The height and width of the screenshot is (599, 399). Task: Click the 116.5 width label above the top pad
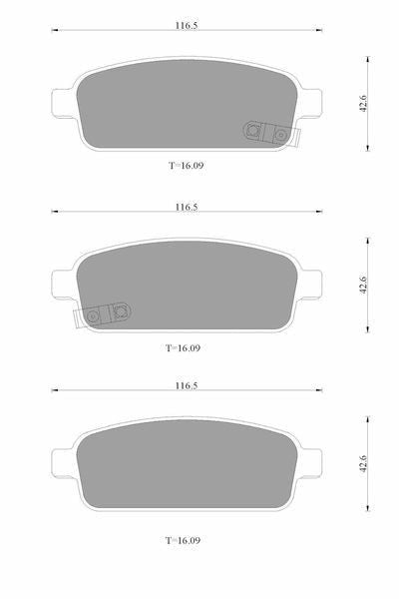pyautogui.click(x=187, y=26)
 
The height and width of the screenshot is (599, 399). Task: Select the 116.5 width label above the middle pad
pyautogui.click(x=187, y=207)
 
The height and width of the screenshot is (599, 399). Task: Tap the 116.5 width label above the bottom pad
pyautogui.click(x=187, y=385)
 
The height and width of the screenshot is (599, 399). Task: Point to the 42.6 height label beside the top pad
pyautogui.click(x=363, y=103)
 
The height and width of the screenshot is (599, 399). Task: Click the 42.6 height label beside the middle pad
pyautogui.click(x=363, y=285)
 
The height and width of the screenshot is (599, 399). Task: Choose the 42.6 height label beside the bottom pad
pyautogui.click(x=363, y=464)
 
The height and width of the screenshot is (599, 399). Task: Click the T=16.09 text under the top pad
pyautogui.click(x=187, y=166)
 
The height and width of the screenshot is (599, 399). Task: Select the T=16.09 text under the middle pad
pyautogui.click(x=183, y=348)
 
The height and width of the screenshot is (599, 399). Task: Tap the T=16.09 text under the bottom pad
pyautogui.click(x=183, y=540)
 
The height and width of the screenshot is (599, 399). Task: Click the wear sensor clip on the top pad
pyautogui.click(x=271, y=133)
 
